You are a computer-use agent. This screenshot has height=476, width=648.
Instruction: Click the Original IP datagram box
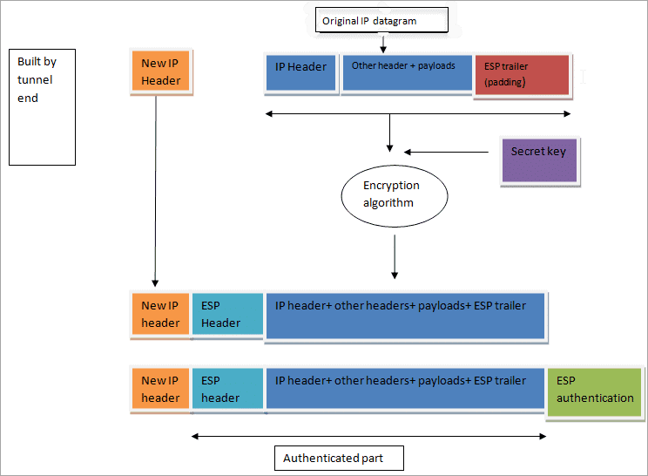coord(380,20)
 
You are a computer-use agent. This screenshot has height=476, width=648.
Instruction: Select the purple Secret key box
coord(539,160)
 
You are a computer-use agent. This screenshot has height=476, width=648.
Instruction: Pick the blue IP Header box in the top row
coord(300,73)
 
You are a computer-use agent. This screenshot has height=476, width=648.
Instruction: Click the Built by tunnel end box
coord(42,106)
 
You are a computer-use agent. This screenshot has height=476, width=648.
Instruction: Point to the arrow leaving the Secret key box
coord(446,153)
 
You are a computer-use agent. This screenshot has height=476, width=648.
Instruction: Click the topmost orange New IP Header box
coord(161,71)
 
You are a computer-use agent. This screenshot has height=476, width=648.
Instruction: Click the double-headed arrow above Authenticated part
coord(368,435)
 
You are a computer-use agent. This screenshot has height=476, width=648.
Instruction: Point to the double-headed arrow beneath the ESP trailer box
coord(418,113)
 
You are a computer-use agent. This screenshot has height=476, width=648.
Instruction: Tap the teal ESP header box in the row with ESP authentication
coord(227,389)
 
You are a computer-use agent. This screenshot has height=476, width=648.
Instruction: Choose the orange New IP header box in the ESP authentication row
coord(160,389)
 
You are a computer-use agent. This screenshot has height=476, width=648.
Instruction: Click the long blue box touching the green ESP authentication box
coord(406,389)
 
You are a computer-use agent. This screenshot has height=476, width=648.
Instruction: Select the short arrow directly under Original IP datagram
coord(383,44)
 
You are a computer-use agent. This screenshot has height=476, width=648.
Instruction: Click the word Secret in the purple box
coord(526,152)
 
